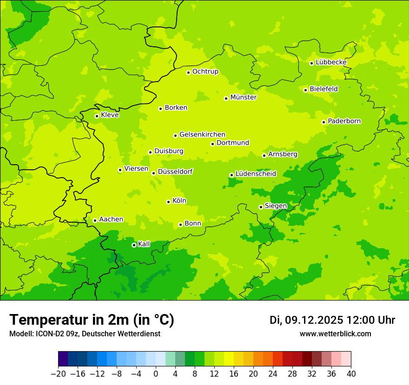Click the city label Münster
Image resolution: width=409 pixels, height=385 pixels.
[243, 97]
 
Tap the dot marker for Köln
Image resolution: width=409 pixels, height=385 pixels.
[168, 202]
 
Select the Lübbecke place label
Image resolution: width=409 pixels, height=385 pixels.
[331, 62]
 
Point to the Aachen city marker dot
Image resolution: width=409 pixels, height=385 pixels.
[95, 220]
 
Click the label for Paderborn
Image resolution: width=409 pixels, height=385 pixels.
[344, 121]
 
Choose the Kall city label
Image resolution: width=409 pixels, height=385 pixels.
[144, 244]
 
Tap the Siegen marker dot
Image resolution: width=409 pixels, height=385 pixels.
[261, 207]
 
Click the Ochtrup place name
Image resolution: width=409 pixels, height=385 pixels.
[205, 71]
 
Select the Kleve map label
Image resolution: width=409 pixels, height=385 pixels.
[110, 115]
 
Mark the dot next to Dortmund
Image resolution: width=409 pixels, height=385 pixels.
[212, 144]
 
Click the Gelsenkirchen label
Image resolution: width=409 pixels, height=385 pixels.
[202, 135]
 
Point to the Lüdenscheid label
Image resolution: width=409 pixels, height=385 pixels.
[256, 173]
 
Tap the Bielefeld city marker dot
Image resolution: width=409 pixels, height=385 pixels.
[305, 90]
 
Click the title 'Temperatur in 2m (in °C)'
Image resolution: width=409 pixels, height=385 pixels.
[92, 320]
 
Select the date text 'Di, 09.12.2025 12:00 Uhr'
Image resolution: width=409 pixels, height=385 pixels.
[332, 320]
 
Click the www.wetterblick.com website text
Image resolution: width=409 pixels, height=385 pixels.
[335, 334]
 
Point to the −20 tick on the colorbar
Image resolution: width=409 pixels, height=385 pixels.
[58, 373]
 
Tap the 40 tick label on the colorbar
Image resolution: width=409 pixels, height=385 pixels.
[351, 373]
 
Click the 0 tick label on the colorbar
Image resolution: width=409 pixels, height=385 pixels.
[156, 373]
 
